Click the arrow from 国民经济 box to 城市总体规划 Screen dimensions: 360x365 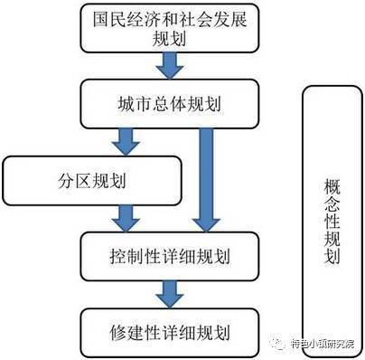168,63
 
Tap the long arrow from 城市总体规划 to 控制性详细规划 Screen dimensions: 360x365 206,176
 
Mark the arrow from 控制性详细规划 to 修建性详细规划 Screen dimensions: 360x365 168,292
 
